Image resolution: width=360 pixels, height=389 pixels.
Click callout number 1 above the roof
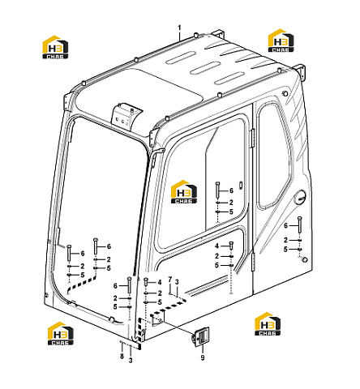pyautogui.click(x=179, y=28)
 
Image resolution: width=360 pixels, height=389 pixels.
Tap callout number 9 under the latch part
pyautogui.click(x=203, y=357)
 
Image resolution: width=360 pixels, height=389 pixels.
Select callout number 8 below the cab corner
pyautogui.click(x=122, y=356)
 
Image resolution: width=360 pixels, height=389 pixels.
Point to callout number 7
pyautogui.click(x=170, y=280)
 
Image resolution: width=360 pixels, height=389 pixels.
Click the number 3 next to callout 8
pyautogui.click(x=131, y=361)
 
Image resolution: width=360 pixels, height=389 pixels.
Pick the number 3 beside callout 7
pyautogui.click(x=177, y=282)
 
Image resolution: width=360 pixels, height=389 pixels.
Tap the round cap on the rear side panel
pyautogui.click(x=300, y=197)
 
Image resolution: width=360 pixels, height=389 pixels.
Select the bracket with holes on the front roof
pyautogui.click(x=125, y=114)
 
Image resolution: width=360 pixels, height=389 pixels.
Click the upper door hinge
pyautogui.click(x=253, y=139)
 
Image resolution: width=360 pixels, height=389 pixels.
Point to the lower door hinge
pyautogui.click(x=253, y=262)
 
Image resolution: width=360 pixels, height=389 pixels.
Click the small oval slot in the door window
pyautogui.click(x=240, y=185)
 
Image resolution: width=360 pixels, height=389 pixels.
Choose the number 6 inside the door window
pyautogui.click(x=231, y=190)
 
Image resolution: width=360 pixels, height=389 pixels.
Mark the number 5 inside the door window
pyautogui.click(x=231, y=212)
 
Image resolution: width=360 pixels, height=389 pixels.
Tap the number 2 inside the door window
pyautogui.click(x=231, y=203)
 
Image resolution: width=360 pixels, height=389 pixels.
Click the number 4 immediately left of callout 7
pyautogui.click(x=160, y=282)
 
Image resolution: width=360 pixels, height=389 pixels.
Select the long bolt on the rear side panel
pyautogui.click(x=300, y=224)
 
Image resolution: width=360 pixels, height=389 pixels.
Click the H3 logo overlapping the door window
pyautogui.click(x=184, y=192)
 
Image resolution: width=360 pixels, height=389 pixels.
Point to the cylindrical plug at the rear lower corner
pyautogui.click(x=304, y=259)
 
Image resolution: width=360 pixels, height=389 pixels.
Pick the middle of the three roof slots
pyautogui.click(x=204, y=69)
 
